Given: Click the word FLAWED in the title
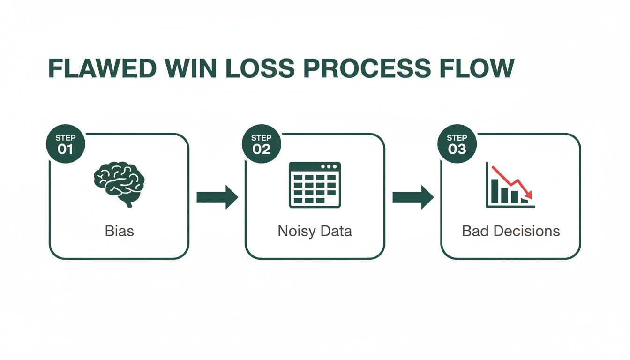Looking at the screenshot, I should coord(102,68).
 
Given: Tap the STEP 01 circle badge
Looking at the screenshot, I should coord(66,144).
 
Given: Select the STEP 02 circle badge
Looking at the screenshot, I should coord(262,144).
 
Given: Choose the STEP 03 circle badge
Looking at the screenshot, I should coord(457,144).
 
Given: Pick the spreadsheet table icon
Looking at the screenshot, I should coord(315,185).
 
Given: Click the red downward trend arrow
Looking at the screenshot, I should coord(514,181).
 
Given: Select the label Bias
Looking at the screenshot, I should coord(119,231).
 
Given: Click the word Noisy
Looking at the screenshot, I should coord(297,231).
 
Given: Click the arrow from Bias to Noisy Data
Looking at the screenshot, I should coord(217,197).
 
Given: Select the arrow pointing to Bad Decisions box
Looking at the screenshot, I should coord(412,197).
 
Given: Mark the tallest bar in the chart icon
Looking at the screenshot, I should coord(494,190).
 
